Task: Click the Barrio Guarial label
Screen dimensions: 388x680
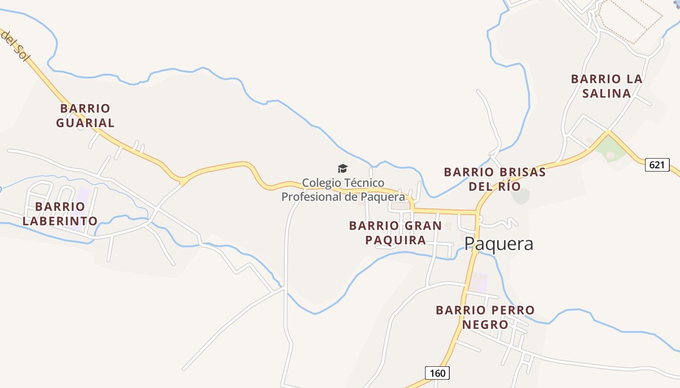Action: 85,115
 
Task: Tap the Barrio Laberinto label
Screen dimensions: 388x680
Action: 60,214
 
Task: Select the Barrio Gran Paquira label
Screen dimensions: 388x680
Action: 395,233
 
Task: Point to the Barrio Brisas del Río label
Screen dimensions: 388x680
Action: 494,179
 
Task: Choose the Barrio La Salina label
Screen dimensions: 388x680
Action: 607,86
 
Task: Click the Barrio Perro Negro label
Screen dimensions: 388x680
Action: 485,317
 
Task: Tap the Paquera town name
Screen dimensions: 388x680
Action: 498,243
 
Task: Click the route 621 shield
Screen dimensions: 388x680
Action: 657,165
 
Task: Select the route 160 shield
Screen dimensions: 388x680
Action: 437,373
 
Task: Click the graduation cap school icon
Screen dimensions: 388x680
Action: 343,168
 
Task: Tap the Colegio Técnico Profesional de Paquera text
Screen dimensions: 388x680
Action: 343,190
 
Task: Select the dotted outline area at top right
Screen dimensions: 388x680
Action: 630,19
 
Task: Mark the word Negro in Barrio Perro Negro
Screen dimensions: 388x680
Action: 485,324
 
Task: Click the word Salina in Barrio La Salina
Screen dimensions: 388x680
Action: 607,93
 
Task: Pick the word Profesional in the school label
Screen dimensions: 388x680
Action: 311,197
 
